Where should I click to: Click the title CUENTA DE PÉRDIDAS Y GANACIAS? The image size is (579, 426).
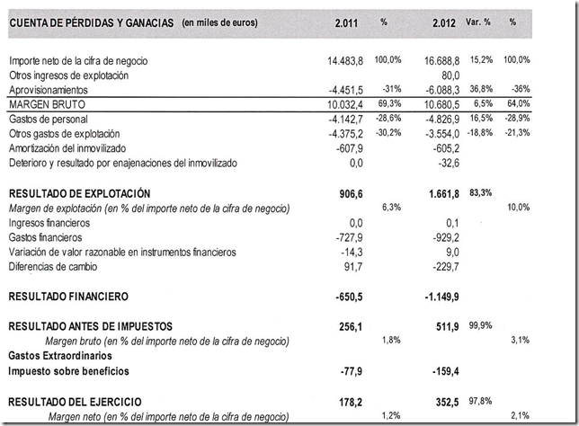click(91, 21)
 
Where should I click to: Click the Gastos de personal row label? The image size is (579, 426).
click(48, 119)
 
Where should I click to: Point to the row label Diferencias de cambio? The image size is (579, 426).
click(53, 266)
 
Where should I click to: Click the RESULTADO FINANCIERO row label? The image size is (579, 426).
click(81, 296)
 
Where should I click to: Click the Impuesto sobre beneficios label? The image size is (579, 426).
click(68, 370)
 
